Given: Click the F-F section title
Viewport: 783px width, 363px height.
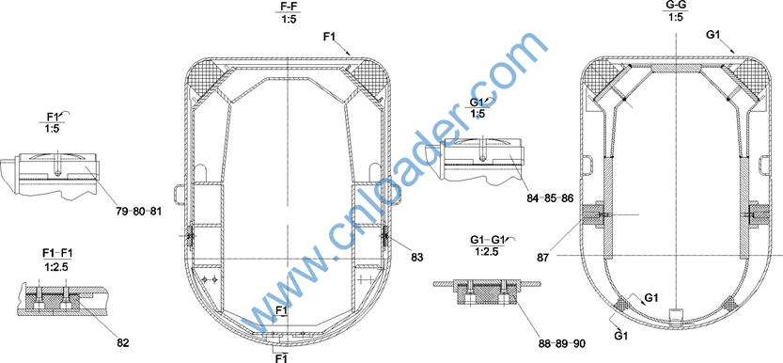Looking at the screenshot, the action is tap(288, 7).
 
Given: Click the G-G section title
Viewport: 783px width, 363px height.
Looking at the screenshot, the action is tap(676, 5).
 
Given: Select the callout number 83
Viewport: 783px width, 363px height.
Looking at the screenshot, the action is tap(416, 258).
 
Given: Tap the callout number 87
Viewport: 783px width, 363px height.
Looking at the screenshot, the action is tap(542, 258).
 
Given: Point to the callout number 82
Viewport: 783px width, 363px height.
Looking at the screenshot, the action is tap(122, 343).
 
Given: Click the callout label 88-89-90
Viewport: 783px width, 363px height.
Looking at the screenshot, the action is tap(562, 343).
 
